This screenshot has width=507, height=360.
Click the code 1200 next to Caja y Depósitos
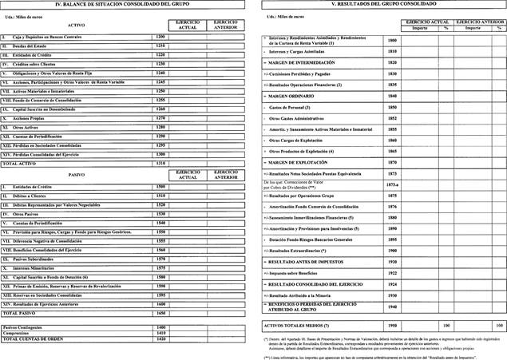[x=160, y=37]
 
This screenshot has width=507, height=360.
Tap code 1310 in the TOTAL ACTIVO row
[x=160, y=162]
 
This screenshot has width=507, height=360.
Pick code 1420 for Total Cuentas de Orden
[x=160, y=339]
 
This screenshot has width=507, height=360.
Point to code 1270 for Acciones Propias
[x=160, y=117]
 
